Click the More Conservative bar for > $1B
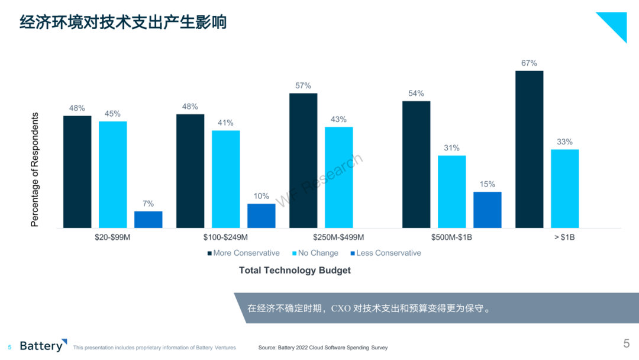(x=529, y=149)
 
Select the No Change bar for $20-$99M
(x=113, y=175)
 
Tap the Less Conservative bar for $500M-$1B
(x=488, y=210)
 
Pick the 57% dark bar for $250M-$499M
(x=303, y=160)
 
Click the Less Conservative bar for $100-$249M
(x=262, y=216)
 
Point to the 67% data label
(x=529, y=63)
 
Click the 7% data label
(x=148, y=204)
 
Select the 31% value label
(x=451, y=147)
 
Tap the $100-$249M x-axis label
(x=225, y=237)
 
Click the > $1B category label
(x=564, y=237)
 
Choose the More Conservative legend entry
(x=243, y=253)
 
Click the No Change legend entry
(x=315, y=253)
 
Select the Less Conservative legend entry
(x=386, y=253)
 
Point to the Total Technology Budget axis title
(x=295, y=271)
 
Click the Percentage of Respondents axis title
(x=35, y=169)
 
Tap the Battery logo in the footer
(x=43, y=345)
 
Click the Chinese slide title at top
(x=123, y=22)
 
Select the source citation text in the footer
(x=323, y=348)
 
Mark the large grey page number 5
(x=627, y=343)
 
